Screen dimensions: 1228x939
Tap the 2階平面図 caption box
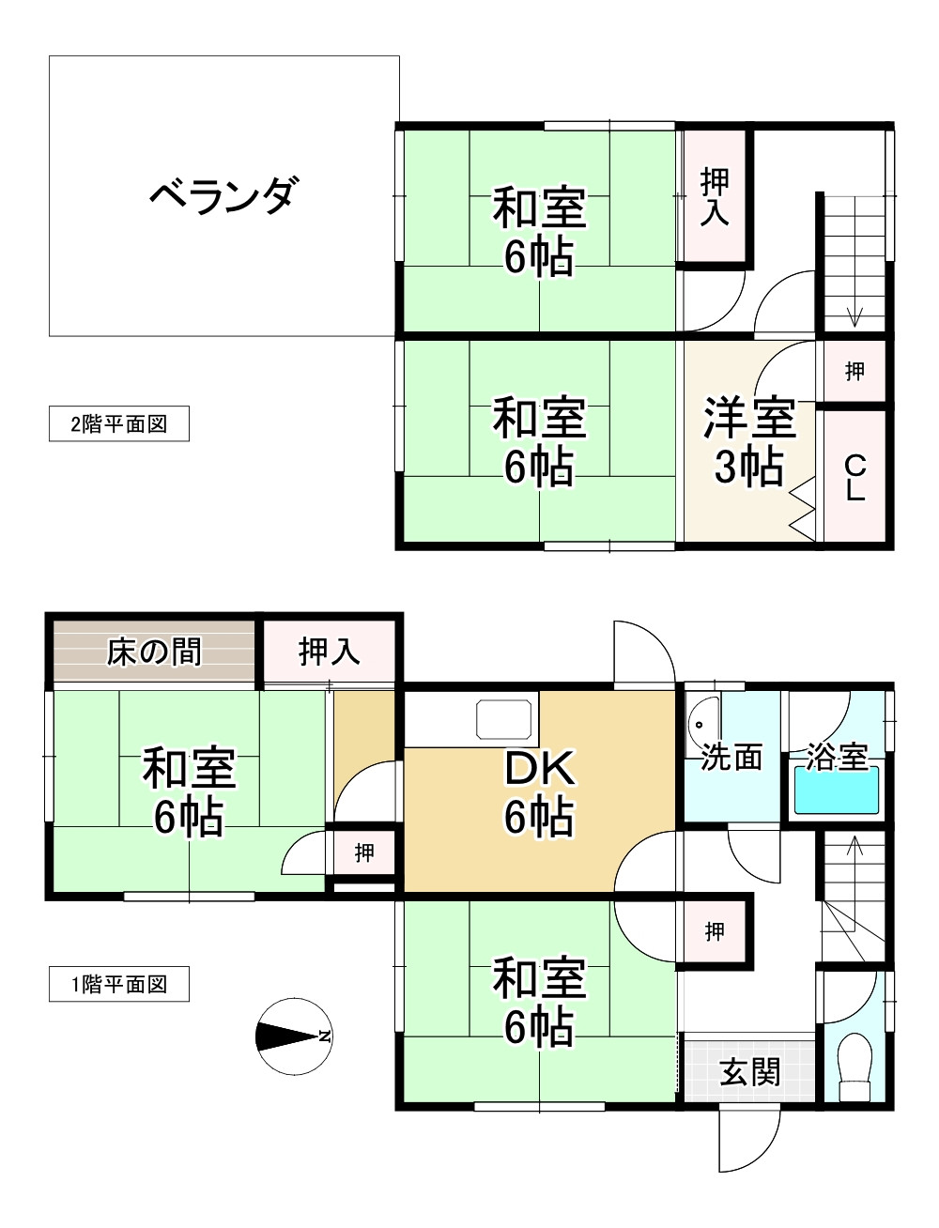(x=119, y=423)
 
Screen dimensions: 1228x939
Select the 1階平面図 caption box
(x=119, y=985)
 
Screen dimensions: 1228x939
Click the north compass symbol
(x=293, y=1036)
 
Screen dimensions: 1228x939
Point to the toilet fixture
(x=854, y=1067)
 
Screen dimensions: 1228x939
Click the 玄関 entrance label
(x=750, y=1071)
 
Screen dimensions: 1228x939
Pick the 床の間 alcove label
(x=154, y=651)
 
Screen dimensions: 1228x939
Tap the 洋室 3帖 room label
(x=750, y=441)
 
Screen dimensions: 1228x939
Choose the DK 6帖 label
(x=539, y=793)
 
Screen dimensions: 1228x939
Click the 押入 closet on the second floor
(x=716, y=197)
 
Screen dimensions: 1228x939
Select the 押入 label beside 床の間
(x=330, y=651)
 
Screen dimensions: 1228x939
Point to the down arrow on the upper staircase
(x=854, y=315)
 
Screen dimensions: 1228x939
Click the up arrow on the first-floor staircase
(x=854, y=847)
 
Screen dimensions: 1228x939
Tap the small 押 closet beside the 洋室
(x=854, y=371)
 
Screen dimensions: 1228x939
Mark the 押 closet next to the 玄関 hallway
(x=716, y=931)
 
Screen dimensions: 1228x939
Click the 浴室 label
(x=837, y=757)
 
